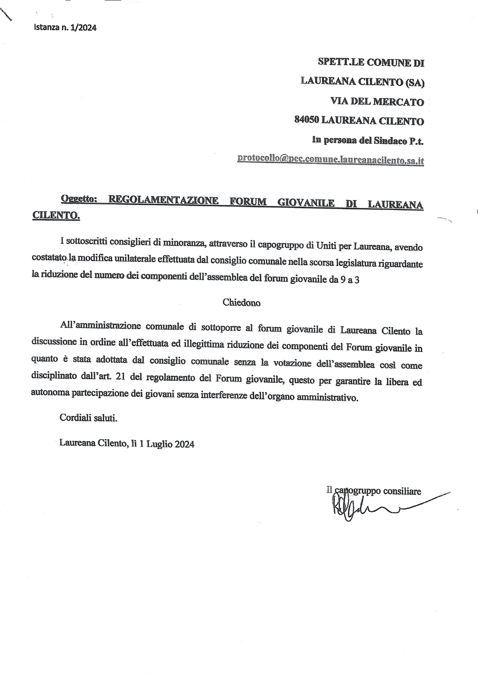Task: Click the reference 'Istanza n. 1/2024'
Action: (x=65, y=28)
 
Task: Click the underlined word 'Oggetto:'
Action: (x=79, y=199)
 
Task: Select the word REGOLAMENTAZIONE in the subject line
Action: (x=163, y=201)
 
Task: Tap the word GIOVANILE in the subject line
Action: (x=306, y=203)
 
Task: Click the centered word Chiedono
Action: (x=241, y=302)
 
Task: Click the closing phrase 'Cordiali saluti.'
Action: (x=88, y=418)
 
